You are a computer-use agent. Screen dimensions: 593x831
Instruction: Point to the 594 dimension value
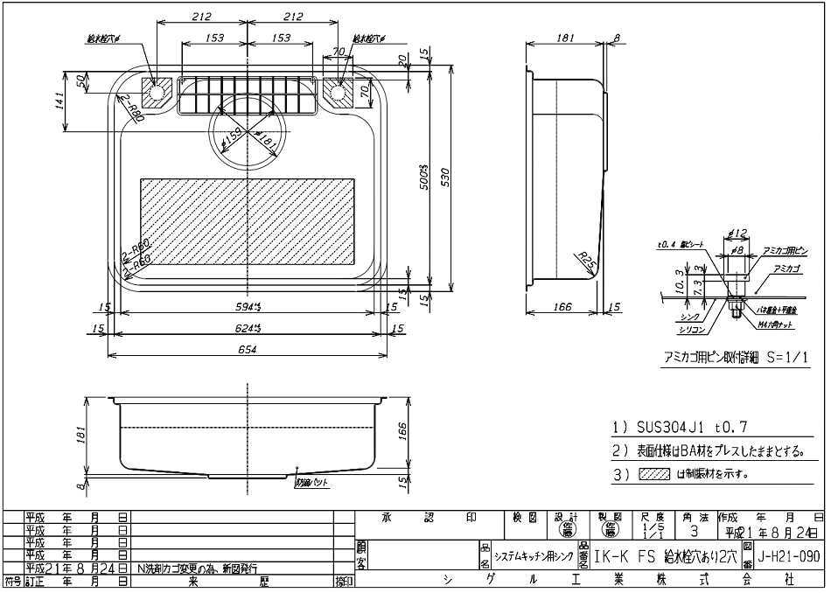pyautogui.click(x=249, y=307)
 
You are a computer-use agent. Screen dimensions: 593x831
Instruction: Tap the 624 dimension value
pyautogui.click(x=249, y=328)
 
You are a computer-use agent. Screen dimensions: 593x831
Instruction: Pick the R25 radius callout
pyautogui.click(x=587, y=258)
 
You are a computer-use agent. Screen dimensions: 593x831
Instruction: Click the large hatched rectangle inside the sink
pyautogui.click(x=248, y=220)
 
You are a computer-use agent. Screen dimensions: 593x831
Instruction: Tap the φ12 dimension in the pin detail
pyautogui.click(x=737, y=234)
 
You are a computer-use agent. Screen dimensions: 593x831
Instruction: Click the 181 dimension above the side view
pyautogui.click(x=565, y=38)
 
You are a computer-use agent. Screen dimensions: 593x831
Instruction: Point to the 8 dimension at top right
pyautogui.click(x=617, y=38)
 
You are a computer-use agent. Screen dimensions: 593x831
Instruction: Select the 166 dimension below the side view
pyautogui.click(x=562, y=307)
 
